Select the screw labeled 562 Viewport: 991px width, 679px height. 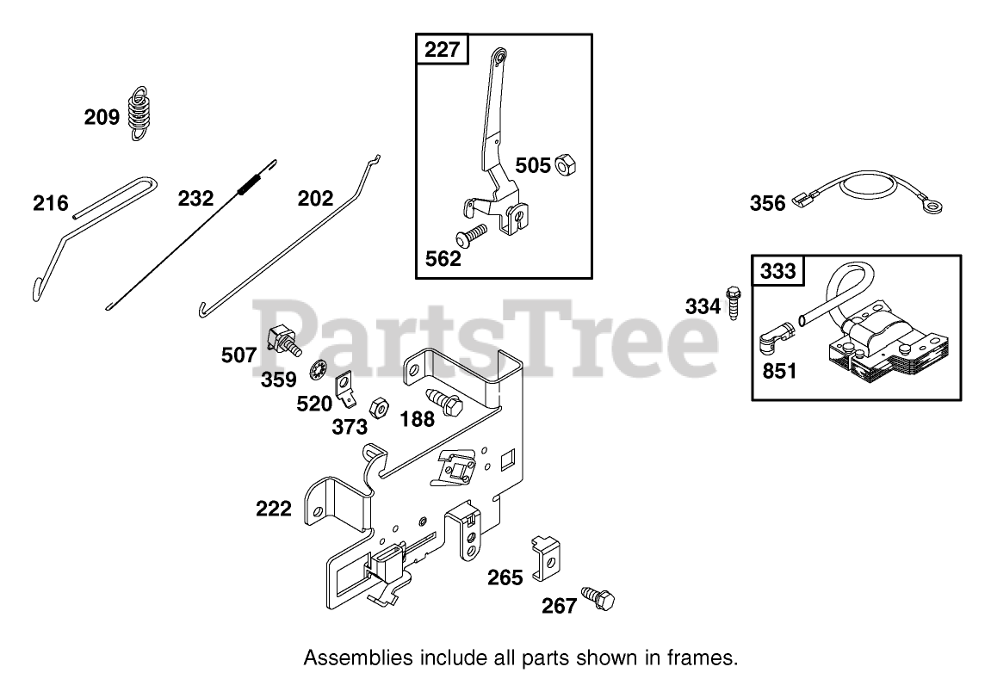tap(473, 231)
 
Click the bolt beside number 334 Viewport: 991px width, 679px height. tap(734, 304)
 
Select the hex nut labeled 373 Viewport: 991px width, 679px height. tap(378, 407)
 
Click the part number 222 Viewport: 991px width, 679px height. tap(274, 509)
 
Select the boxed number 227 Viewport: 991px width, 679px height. tap(443, 50)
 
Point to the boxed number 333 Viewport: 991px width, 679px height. tap(778, 273)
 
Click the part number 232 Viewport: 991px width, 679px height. tap(196, 198)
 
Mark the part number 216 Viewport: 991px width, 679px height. tap(50, 204)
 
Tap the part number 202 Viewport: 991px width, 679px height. tap(315, 199)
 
